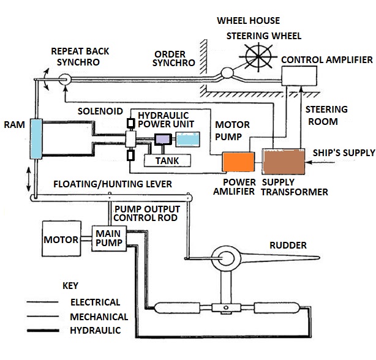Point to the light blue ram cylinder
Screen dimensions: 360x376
coord(36,140)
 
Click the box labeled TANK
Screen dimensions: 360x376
coord(167,161)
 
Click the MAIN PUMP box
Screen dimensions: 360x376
coord(108,238)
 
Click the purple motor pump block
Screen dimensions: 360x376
coord(164,140)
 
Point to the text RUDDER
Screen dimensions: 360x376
coord(288,246)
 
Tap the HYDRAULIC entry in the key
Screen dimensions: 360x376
coord(96,331)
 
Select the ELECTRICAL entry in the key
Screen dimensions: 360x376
coord(96,302)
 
